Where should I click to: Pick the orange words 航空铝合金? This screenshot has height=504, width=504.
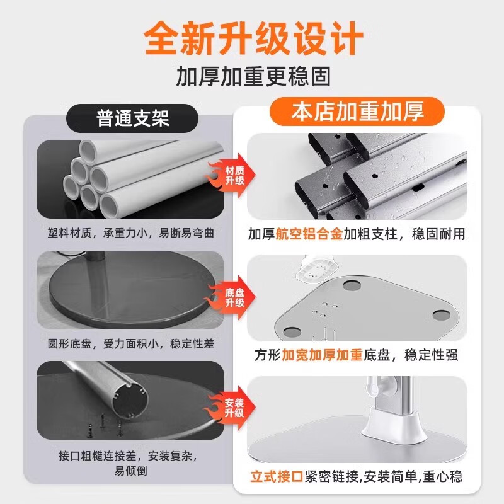[x=308, y=234]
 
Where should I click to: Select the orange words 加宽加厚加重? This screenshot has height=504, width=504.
[x=322, y=355]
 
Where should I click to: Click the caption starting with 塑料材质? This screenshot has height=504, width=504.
[x=131, y=233]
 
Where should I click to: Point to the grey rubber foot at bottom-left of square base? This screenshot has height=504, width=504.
[x=292, y=331]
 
